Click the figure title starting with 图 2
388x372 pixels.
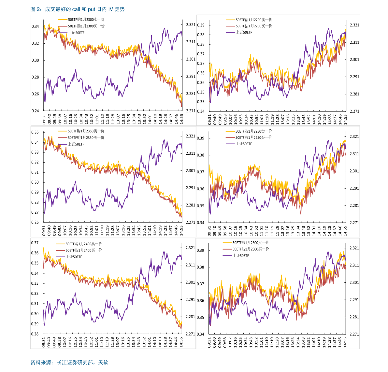coord(78,9)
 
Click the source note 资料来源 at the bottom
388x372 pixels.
coord(69,362)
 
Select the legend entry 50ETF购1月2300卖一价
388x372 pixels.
coord(86,20)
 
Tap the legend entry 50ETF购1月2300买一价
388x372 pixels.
coord(86,26)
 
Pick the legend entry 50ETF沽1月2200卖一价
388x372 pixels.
coord(254,20)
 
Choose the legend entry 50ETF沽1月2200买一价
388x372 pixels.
coord(254,26)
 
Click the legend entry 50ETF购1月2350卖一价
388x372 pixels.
coord(86,131)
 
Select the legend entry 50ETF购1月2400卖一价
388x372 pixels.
coord(84,244)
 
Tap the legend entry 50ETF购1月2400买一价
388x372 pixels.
coord(84,250)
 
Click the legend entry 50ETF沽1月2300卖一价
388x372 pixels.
coord(251,243)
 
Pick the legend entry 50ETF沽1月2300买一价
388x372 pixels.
coord(251,249)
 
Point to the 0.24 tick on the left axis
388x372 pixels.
coord(35,111)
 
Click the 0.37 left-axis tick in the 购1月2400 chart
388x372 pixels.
coord(35,243)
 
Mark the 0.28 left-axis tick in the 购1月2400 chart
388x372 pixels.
coord(35,334)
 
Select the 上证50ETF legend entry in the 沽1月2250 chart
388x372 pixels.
coord(244,144)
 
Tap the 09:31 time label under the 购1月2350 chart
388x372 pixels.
coord(44,230)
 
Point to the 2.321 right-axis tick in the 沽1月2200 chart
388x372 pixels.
coord(354,25)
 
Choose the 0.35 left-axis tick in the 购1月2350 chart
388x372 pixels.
coord(35,132)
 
